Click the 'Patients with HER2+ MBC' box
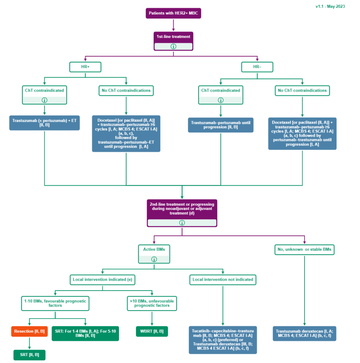[173, 13]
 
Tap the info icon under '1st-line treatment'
[173, 46]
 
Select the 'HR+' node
[85, 67]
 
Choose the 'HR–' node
[257, 67]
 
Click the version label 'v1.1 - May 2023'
[330, 6]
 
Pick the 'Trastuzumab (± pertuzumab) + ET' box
[44, 123]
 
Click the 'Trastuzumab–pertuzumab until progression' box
[220, 125]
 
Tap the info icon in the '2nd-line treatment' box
[182, 223]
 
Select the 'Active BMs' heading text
[154, 249]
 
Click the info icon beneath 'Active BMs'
[154, 259]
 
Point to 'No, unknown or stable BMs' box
[305, 249]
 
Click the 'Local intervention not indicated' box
[223, 279]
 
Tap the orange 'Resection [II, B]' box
[30, 331]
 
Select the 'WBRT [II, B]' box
[152, 331]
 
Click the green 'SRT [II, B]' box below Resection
[29, 355]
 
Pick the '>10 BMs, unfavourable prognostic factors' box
[152, 303]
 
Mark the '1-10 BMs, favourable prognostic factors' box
[55, 303]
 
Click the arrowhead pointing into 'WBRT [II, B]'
[152, 324]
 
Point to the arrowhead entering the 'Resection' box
[30, 324]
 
